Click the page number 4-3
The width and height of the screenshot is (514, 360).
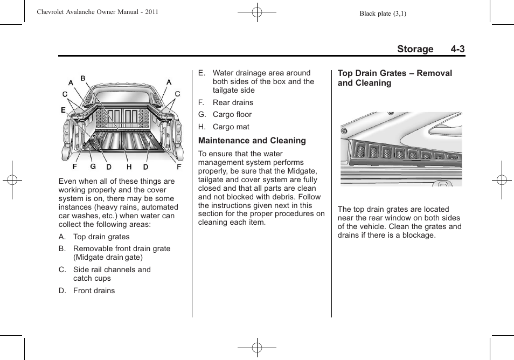[x=458, y=49]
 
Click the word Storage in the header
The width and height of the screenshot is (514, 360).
[x=415, y=49]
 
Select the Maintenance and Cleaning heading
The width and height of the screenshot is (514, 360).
[x=252, y=141]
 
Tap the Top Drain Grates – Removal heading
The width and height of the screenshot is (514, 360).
[x=394, y=73]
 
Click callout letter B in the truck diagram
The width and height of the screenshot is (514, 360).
[x=83, y=79]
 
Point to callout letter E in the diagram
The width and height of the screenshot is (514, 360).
[x=63, y=110]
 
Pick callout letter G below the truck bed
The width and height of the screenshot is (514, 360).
[x=93, y=167]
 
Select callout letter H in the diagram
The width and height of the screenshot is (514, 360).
[x=129, y=167]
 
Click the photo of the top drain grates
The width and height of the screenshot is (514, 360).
[x=401, y=149]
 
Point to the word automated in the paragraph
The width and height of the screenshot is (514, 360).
[x=159, y=207]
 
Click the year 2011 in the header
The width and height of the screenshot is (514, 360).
[x=151, y=12]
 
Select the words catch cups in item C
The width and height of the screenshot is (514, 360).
[x=92, y=278]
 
